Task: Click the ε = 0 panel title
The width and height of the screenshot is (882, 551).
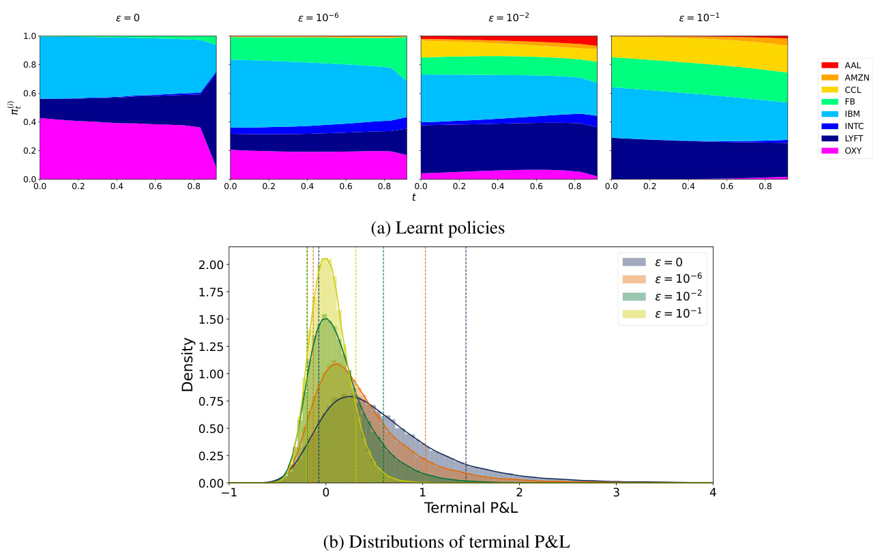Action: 128,18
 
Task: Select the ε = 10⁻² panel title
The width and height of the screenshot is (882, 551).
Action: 508,18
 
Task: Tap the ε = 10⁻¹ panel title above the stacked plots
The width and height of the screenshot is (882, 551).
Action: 699,18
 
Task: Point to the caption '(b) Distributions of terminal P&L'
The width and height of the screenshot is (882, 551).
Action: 446,541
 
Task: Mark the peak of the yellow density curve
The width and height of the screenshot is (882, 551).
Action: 326,258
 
